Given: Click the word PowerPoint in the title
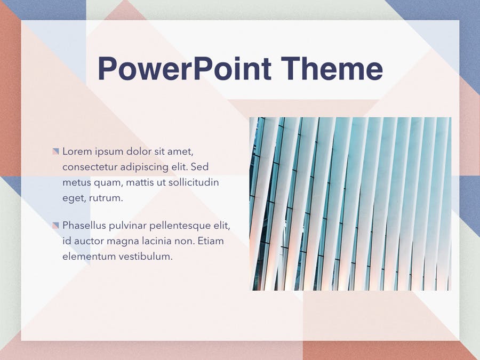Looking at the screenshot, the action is (x=185, y=68).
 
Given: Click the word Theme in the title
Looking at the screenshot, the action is (x=332, y=68).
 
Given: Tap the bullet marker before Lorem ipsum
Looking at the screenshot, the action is (x=55, y=151).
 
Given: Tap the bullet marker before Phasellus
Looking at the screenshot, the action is (x=55, y=225).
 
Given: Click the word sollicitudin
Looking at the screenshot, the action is (x=194, y=182).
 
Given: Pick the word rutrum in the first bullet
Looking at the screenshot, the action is (x=106, y=198).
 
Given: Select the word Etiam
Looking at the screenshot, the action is (x=211, y=241).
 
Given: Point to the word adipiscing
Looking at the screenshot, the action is (x=143, y=167).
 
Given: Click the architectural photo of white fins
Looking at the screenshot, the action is (x=350, y=204).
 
